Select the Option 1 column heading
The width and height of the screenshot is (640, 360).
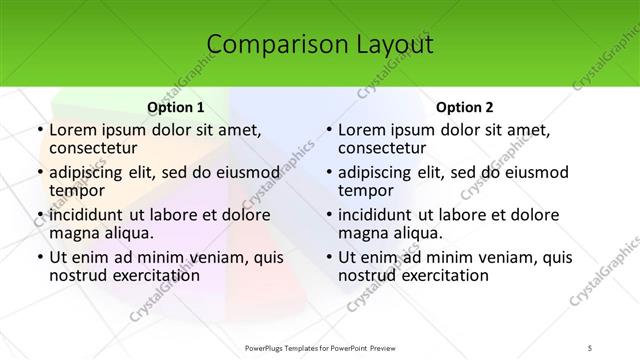click(176, 107)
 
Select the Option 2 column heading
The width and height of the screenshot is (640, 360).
click(465, 107)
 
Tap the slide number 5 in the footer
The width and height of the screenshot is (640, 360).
click(592, 348)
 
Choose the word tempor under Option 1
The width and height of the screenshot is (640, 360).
click(74, 190)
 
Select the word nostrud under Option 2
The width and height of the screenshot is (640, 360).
click(369, 276)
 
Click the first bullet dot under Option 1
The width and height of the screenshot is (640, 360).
click(38, 130)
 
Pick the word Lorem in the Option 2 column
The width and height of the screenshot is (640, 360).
click(363, 129)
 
